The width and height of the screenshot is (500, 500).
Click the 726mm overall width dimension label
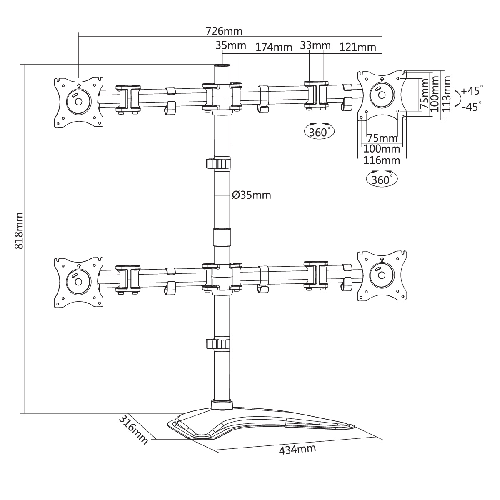[224, 31]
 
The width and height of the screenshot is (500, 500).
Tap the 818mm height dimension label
[19, 231]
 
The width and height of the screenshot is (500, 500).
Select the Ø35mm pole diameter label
[251, 195]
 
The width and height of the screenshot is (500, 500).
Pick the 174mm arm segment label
[274, 47]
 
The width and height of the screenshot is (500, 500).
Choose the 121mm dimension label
[358, 47]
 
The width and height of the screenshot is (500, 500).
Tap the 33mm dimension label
[315, 46]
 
